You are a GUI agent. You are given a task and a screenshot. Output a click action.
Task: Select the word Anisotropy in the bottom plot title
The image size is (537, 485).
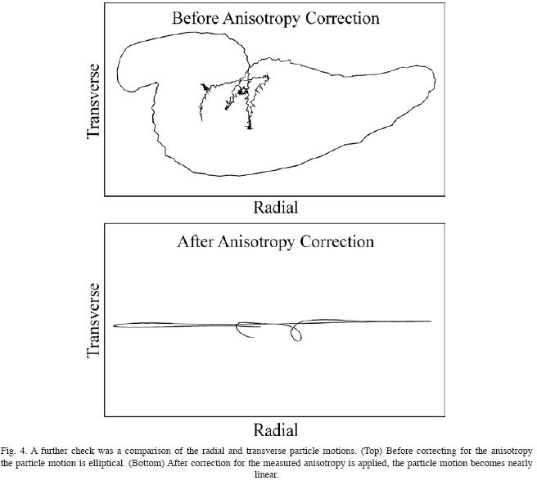pyautogui.click(x=261, y=241)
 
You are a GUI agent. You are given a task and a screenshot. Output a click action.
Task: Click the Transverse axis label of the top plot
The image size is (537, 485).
pyautogui.click(x=93, y=101)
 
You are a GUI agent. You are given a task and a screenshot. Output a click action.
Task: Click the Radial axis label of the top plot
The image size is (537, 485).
pyautogui.click(x=275, y=207)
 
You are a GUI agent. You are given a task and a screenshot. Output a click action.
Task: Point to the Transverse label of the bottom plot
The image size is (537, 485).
pyautogui.click(x=93, y=321)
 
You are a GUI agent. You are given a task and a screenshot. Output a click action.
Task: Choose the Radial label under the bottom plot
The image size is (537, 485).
pyautogui.click(x=275, y=429)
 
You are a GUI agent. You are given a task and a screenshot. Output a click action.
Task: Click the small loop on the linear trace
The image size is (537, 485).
pyautogui.click(x=296, y=333)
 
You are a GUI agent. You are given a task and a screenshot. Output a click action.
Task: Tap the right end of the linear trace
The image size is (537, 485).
pyautogui.click(x=430, y=321)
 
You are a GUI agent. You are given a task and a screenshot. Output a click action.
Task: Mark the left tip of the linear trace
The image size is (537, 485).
pyautogui.click(x=115, y=326)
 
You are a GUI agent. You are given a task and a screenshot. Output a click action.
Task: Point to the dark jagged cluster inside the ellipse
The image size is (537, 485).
pyautogui.click(x=242, y=91)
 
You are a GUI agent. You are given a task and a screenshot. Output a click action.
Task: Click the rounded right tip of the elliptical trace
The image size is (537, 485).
pyautogui.click(x=434, y=82)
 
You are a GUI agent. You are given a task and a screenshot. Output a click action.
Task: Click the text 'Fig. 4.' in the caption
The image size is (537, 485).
pyautogui.click(x=15, y=451)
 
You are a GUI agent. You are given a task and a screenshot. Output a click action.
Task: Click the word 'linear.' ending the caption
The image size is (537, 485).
pyautogui.click(x=267, y=474)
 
